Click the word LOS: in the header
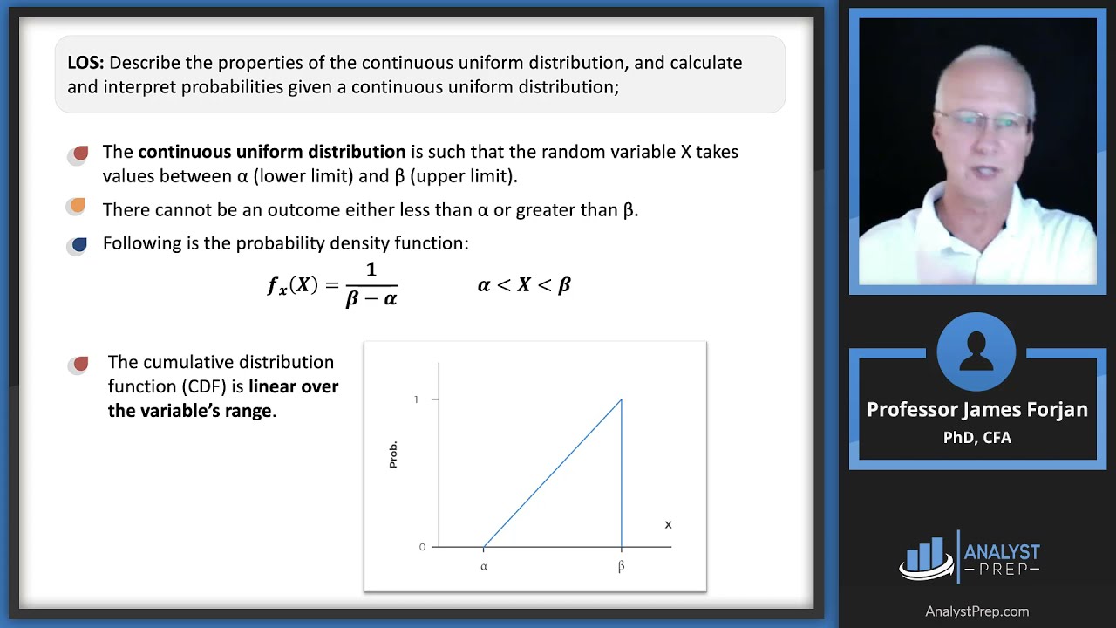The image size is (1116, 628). click(85, 63)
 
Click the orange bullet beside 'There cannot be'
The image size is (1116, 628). click(78, 206)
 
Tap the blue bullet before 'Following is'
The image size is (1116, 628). click(78, 245)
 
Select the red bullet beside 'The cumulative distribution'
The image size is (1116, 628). click(80, 364)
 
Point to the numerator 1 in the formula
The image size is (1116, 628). click(371, 270)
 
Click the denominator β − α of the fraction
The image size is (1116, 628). click(371, 298)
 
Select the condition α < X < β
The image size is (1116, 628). click(524, 285)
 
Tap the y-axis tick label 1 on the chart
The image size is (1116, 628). click(416, 399)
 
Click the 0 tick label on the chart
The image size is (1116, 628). click(422, 547)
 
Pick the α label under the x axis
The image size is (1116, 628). click(484, 567)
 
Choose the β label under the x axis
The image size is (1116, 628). click(621, 567)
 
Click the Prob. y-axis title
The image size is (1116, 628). click(393, 454)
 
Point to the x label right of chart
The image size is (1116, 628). click(668, 524)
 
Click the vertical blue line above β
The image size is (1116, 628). click(622, 475)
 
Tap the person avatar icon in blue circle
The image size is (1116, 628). click(976, 351)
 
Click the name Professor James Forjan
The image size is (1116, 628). click(976, 410)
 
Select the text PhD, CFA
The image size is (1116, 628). click(976, 438)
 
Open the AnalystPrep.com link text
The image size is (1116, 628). click(976, 611)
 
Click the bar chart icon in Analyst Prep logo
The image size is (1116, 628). click(926, 556)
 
